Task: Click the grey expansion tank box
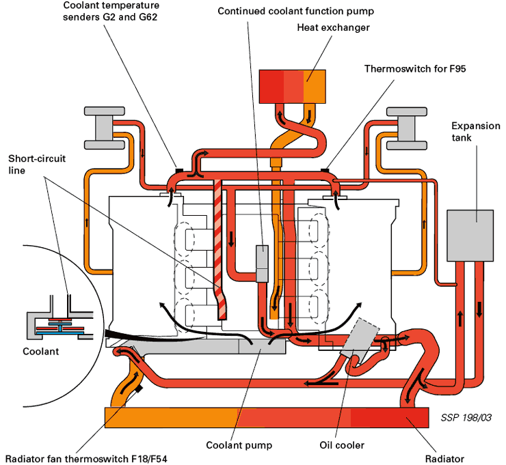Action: [470, 236]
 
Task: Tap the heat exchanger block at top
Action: [293, 87]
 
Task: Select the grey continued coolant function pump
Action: [262, 264]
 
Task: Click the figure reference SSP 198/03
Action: [466, 418]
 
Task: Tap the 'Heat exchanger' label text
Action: [333, 28]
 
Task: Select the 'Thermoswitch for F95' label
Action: [415, 69]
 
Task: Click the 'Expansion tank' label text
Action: [476, 132]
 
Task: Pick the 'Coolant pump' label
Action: [239, 445]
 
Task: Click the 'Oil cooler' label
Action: [342, 445]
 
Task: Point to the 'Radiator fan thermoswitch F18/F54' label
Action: [86, 459]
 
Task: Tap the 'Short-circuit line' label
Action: [37, 165]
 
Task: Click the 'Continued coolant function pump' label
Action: [295, 12]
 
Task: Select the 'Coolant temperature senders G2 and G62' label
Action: [111, 11]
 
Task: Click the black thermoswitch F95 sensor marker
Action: [325, 170]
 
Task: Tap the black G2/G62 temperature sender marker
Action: [179, 170]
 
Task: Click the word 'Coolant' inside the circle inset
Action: [40, 351]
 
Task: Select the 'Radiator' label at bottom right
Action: [444, 459]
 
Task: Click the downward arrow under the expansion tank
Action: [479, 309]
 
